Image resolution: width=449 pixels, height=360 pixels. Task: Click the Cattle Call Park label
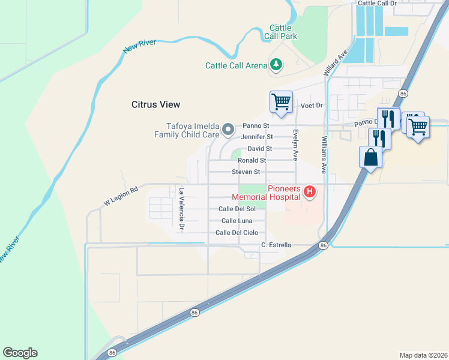pos(280,32)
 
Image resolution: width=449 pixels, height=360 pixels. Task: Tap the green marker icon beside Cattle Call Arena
pos(276,64)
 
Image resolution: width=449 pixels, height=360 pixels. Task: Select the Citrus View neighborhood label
pos(155,104)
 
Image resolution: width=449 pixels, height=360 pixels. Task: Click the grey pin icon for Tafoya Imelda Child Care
pos(228,129)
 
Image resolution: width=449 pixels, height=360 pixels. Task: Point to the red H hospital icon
pos(310,192)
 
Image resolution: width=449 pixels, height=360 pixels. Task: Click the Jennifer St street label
pos(258,137)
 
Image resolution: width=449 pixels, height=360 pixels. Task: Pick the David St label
pos(260,149)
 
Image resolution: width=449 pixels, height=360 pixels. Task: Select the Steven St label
pos(246,172)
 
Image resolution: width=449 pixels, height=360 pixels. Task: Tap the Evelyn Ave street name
pos(295,145)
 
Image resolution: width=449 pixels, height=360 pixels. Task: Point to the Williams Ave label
pos(324,154)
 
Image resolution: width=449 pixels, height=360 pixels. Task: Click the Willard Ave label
pos(335,62)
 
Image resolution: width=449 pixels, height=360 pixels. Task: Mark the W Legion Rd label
pos(121,196)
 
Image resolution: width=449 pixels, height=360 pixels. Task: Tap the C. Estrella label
pos(276,245)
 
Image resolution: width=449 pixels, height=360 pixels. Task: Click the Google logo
pos(20,353)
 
